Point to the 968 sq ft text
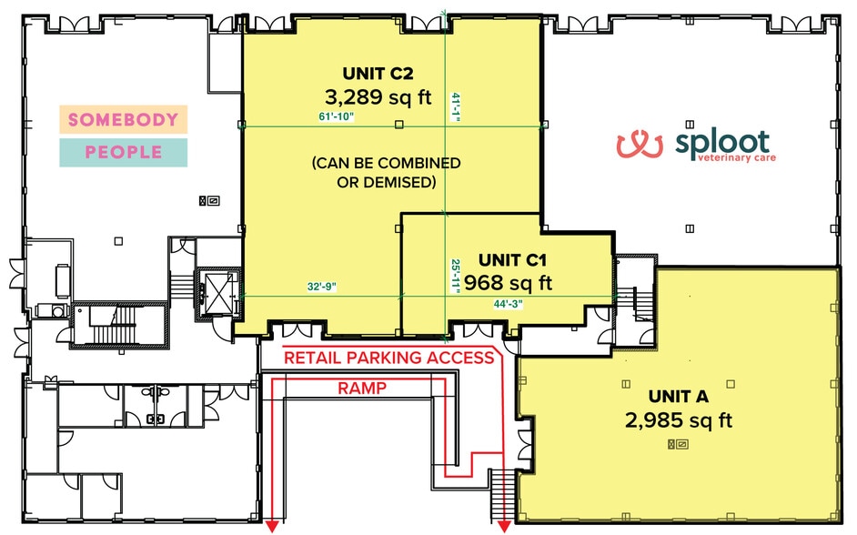pos(508,283)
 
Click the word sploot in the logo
pos(722,141)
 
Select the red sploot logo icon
pos(640,145)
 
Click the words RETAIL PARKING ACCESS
pos(389,358)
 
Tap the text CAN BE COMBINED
pos(386,164)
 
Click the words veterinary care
pos(737,158)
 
